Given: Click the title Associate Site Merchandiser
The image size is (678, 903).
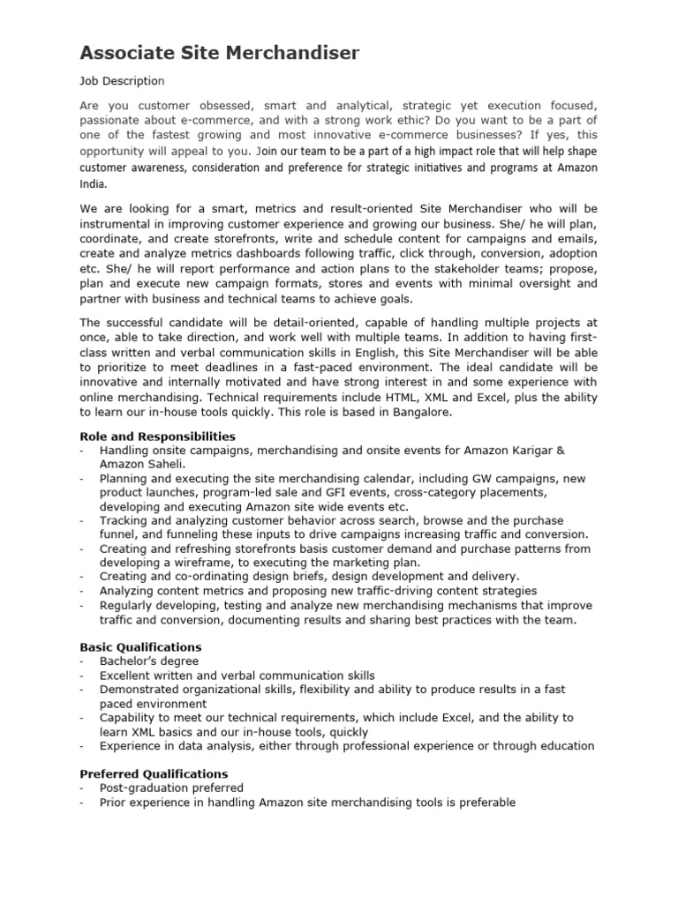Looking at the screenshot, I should (220, 53).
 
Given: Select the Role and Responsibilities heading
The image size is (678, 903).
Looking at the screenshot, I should (157, 436).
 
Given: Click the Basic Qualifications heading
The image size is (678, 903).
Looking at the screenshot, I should (140, 646).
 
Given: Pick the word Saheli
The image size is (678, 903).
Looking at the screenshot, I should (168, 464).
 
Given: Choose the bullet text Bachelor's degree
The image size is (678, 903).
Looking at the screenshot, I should (149, 661).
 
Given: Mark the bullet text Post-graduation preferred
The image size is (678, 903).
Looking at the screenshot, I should (171, 787).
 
